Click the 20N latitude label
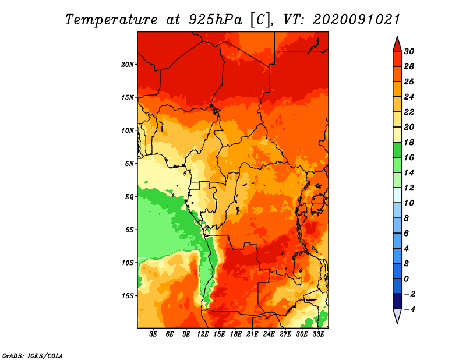(128, 64)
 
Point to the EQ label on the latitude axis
(129, 196)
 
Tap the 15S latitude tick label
(128, 296)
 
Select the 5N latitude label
(129, 164)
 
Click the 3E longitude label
(153, 334)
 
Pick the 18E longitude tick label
(235, 334)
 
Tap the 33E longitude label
(318, 334)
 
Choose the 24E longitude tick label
(269, 334)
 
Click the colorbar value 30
(409, 51)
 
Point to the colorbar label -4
(409, 309)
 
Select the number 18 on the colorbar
(409, 142)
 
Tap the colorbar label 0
(406, 279)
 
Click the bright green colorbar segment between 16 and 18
(397, 150)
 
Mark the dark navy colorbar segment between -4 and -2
(397, 301)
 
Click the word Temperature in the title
(111, 20)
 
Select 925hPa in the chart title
(216, 20)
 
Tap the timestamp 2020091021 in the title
(356, 20)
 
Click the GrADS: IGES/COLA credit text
(33, 356)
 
